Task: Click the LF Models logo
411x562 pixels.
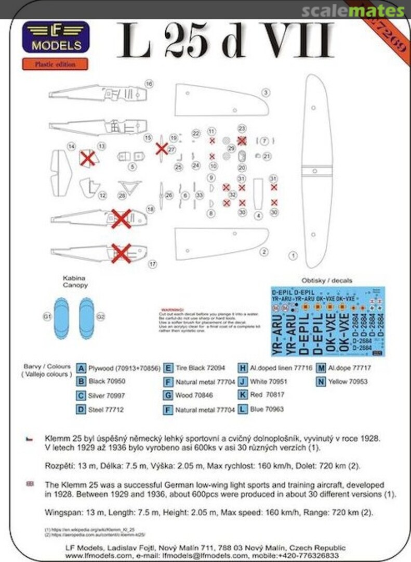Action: [55, 37]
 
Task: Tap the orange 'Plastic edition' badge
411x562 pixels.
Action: [55, 65]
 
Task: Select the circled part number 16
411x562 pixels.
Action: [149, 84]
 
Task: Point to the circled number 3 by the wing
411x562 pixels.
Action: [266, 93]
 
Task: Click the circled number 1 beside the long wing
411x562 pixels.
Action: [293, 256]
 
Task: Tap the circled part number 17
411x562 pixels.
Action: [152, 264]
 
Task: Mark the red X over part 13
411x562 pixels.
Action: [88, 159]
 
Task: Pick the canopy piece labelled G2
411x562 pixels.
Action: [86, 317]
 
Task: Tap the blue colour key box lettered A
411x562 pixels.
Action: [81, 368]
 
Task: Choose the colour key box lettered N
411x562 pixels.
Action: [321, 381]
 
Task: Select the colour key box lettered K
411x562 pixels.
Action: [242, 395]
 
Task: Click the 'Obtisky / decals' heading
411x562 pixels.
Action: [330, 280]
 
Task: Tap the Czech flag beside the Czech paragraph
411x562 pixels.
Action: [30, 439]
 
